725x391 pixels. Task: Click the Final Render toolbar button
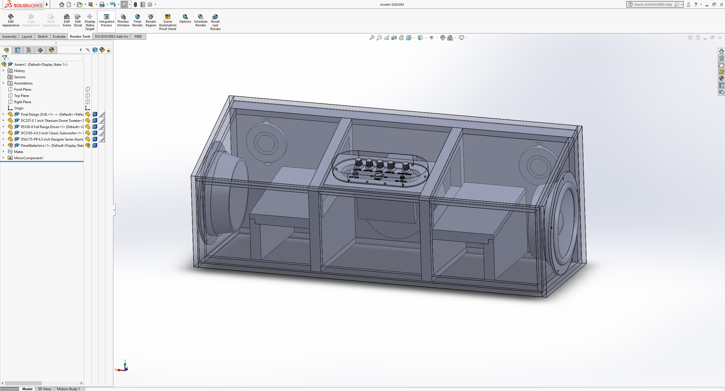[x=137, y=20]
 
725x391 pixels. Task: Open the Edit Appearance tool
[x=11, y=20]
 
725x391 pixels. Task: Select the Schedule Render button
[x=201, y=20]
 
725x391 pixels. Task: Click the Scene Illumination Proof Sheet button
[x=167, y=22]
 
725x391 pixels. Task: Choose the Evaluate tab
[x=59, y=37]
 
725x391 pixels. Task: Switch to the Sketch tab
[x=42, y=37]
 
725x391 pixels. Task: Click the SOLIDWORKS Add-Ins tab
[x=111, y=37]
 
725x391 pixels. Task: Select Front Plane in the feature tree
[x=23, y=90]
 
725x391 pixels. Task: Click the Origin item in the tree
[x=19, y=108]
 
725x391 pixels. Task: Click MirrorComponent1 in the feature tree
[x=29, y=158]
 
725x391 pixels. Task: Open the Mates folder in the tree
[x=19, y=152]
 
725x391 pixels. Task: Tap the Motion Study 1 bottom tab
[x=68, y=389]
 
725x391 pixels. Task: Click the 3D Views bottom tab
[x=44, y=389]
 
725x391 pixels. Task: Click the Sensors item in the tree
[x=20, y=77]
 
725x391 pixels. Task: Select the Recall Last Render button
[x=215, y=22]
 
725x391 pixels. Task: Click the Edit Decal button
[x=78, y=20]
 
